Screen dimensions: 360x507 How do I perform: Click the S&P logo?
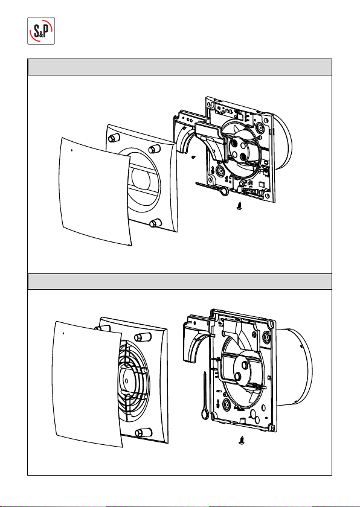[41, 31]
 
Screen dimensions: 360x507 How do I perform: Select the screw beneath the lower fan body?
[240, 439]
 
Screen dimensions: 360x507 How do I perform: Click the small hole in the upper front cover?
[71, 150]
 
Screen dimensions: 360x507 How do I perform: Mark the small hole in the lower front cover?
[63, 333]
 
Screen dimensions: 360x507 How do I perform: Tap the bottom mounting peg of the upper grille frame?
[156, 223]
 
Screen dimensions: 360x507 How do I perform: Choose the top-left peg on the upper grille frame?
[112, 138]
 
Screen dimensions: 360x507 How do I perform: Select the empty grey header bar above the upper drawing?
[179, 67]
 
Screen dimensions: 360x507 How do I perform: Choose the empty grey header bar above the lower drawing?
[179, 282]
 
